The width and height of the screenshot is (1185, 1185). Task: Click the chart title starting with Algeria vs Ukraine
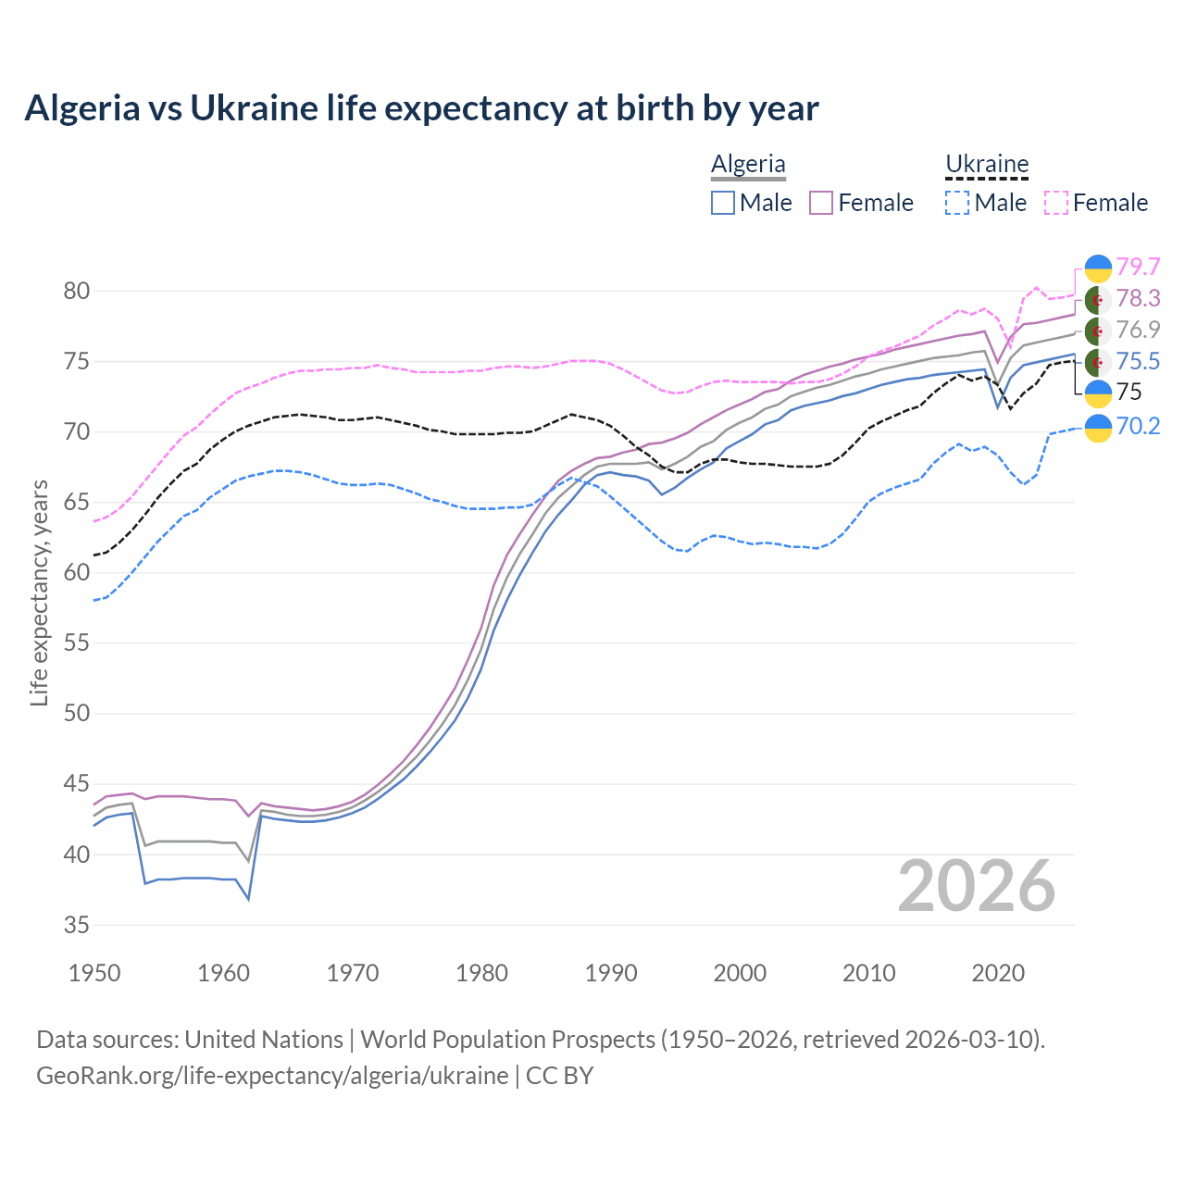421,108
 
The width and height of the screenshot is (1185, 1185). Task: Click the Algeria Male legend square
723,203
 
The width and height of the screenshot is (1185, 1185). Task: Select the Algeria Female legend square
821,203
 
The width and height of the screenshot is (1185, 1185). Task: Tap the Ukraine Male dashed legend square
957,203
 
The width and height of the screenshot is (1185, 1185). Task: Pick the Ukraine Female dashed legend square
1056,203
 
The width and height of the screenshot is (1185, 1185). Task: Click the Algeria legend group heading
748,164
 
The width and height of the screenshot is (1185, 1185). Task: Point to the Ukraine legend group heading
987,164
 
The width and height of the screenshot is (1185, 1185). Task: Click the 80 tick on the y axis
77,291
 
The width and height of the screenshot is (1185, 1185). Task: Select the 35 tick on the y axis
77,925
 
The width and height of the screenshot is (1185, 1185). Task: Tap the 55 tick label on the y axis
77,643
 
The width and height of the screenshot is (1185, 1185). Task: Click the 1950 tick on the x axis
94,973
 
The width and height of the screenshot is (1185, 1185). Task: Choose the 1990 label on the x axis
611,973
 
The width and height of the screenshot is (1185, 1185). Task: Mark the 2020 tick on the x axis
998,973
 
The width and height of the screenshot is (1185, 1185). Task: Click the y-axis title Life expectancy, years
39,592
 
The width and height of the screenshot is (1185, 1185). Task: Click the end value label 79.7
1138,267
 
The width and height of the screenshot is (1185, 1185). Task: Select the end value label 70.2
1138,426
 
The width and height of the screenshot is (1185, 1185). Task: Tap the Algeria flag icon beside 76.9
1098,331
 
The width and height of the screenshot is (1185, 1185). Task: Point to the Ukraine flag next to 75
1098,393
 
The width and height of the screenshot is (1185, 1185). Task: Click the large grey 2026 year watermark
977,886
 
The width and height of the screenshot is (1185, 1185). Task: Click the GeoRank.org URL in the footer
272,1076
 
